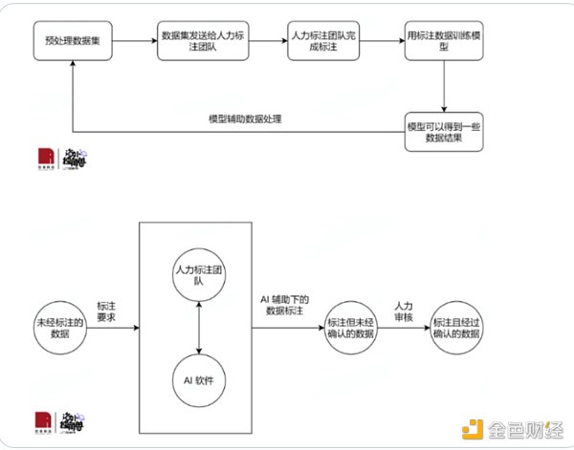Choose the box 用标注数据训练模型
coord(443,43)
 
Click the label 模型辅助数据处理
coord(246,118)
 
